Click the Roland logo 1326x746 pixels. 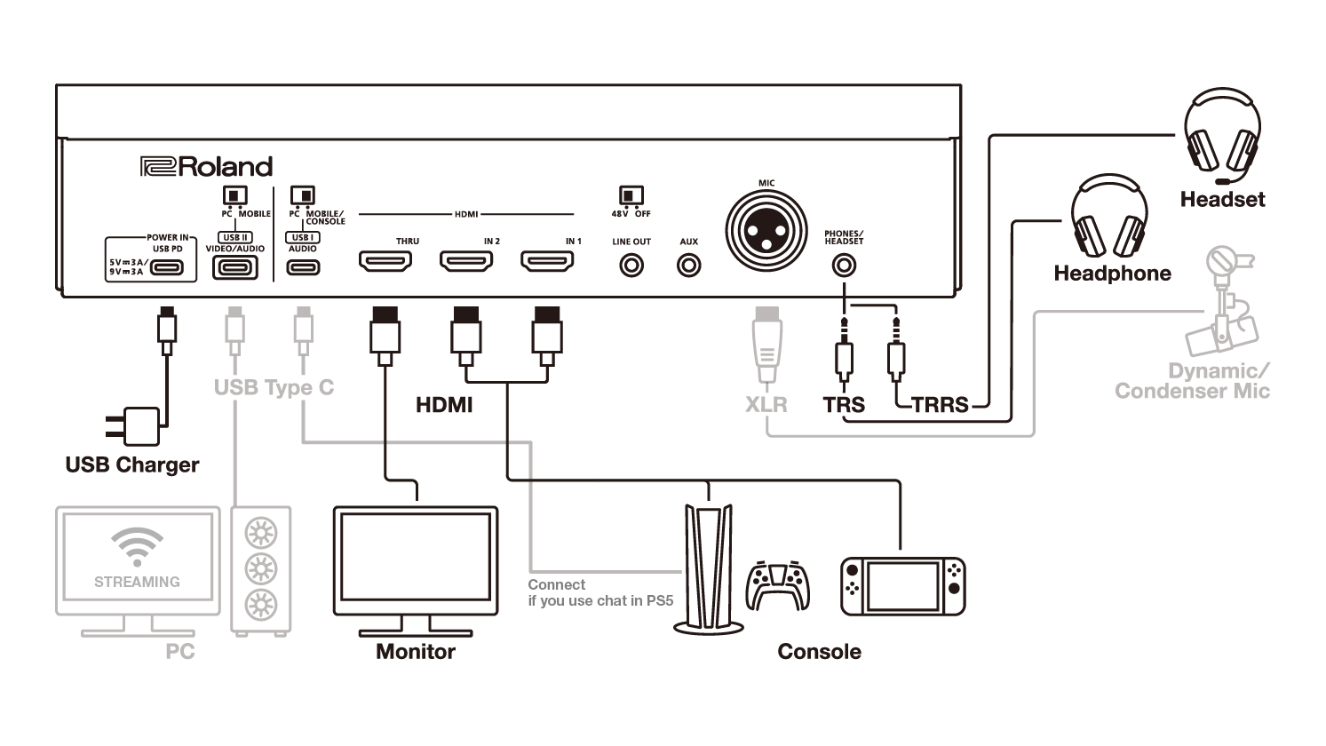coord(206,167)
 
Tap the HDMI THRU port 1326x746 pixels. coord(385,262)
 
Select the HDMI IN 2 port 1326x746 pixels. coord(466,262)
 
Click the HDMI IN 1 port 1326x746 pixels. coord(547,262)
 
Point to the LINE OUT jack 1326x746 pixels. coord(631,265)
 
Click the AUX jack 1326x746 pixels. coord(688,265)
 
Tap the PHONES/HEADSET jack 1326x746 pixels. coord(843,265)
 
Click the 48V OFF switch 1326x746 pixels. coord(631,194)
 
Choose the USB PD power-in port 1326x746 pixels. coord(172,266)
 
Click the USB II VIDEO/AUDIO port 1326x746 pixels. coord(234,266)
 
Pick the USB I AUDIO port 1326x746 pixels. coord(303,266)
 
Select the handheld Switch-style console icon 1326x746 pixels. coord(902,587)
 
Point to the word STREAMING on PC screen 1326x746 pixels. coord(137,582)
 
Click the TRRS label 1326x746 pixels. coord(939,405)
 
